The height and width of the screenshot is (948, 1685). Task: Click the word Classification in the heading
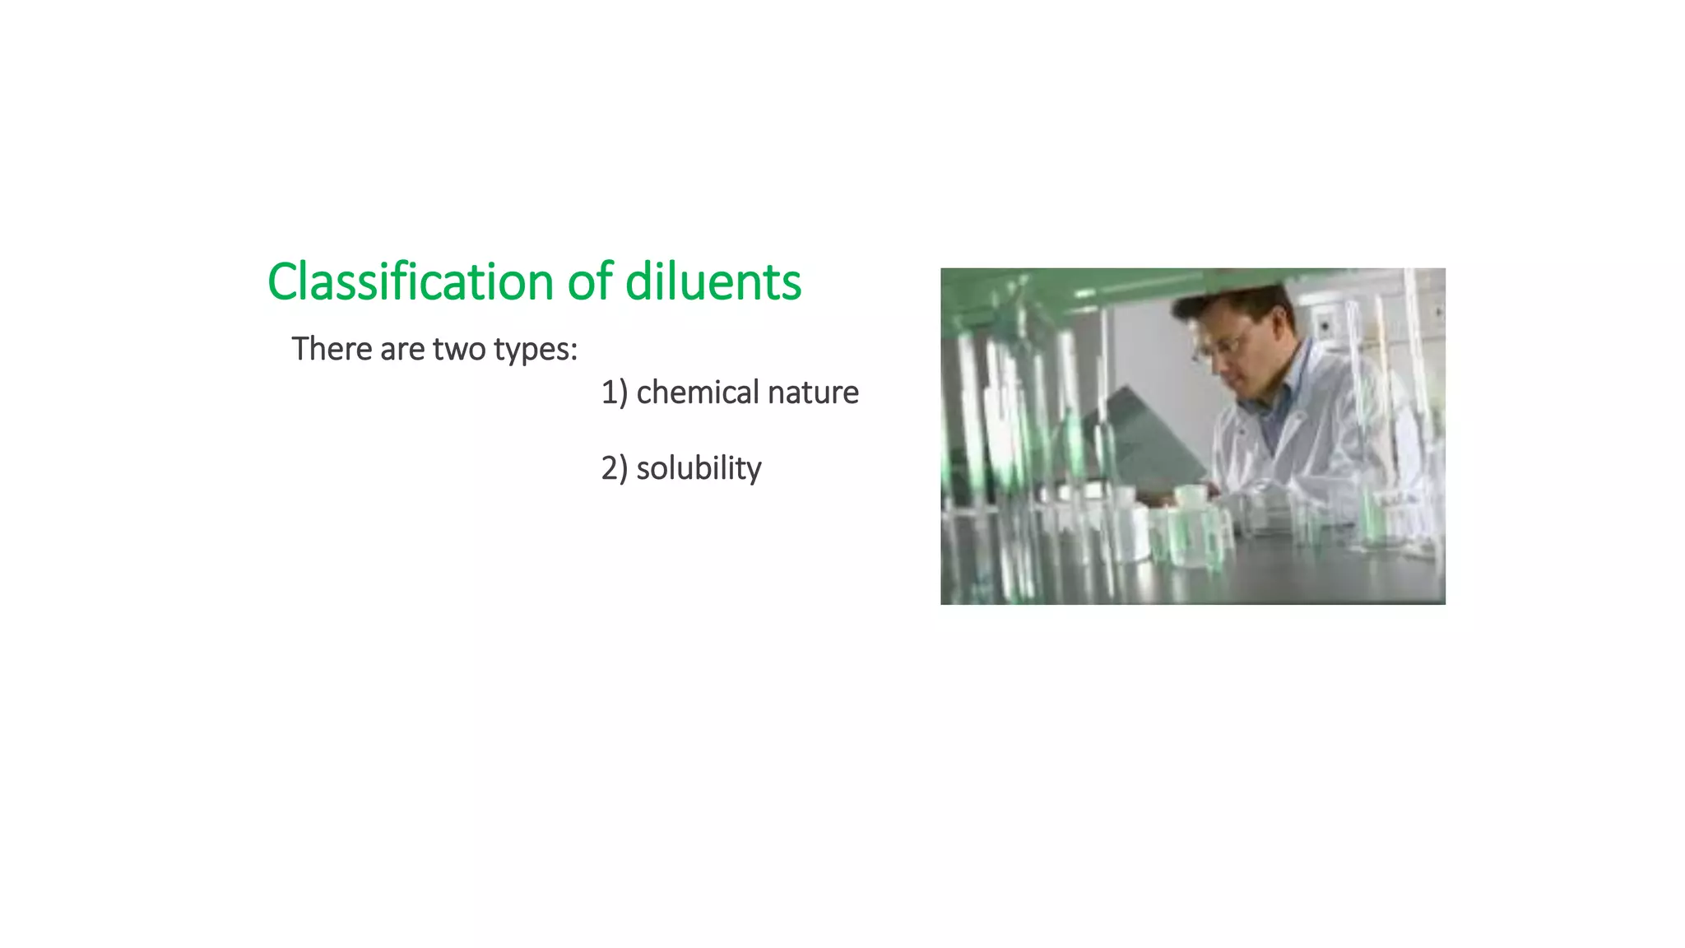coord(411,282)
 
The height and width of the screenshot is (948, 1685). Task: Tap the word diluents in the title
coord(713,282)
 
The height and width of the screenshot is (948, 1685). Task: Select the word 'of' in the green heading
coord(590,282)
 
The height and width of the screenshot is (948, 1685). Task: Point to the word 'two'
coord(459,350)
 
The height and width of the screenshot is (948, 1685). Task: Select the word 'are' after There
coord(402,350)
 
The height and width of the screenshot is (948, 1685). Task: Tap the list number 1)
coord(615,393)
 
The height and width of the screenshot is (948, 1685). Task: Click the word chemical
coord(698,393)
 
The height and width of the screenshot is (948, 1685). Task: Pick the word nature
coord(814,393)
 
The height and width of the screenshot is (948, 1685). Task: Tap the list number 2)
coord(615,468)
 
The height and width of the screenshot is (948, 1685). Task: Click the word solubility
coord(699,468)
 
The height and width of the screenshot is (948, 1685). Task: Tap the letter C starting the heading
coord(283,282)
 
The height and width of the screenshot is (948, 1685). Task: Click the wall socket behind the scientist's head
coord(1325,325)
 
